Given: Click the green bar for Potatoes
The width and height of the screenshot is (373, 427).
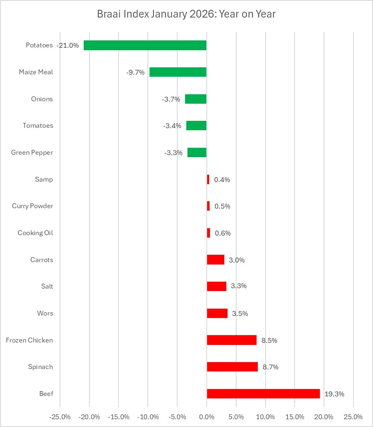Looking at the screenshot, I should tap(145, 45).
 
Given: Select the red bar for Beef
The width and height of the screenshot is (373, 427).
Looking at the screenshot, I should tap(263, 394).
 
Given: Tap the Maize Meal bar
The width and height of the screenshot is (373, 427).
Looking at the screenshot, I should tap(178, 72).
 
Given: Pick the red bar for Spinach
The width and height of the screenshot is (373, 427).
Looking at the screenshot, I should tap(232, 367).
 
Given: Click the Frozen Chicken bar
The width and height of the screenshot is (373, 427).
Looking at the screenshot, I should tap(232, 340).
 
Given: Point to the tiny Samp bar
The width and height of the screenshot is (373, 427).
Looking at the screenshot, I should tap(208, 179).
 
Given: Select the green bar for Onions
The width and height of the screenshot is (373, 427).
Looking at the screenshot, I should tap(196, 99).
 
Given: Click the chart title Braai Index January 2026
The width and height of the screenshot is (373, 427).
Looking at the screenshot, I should tap(186, 14).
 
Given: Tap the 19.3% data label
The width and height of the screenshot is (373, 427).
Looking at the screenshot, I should tap(334, 394).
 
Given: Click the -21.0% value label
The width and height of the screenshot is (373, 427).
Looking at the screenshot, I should tap(68, 45).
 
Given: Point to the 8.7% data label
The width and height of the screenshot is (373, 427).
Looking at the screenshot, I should tap(270, 367).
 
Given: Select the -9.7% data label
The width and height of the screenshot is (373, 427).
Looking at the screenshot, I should tap(135, 72).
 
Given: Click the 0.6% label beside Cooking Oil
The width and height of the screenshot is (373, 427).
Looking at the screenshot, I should tap(223, 233).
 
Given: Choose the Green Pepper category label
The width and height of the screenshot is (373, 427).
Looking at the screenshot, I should tap(32, 153).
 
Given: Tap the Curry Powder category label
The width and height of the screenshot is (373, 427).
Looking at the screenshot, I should tap(32, 206).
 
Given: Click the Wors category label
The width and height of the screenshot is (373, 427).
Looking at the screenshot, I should tap(45, 314).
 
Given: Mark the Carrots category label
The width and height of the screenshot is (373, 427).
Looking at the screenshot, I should tap(42, 260).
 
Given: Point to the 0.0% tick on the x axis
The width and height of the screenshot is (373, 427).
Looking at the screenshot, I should tap(207, 417).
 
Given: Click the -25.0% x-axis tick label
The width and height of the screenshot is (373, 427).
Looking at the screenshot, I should tap(60, 417).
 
